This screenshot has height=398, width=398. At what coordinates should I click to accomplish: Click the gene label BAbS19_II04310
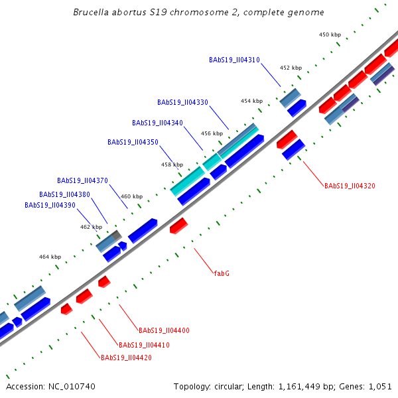tap(234, 60)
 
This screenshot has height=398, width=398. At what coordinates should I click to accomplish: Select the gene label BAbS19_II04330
tap(183, 102)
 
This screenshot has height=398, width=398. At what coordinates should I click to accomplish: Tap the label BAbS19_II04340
tap(158, 123)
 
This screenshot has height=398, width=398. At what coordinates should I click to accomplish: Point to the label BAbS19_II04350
tap(133, 142)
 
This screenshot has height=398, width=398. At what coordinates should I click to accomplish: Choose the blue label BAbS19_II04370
tap(82, 180)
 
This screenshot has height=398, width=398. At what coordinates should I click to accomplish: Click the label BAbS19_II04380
tap(64, 194)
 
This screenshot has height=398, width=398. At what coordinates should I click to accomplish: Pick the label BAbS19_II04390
tap(50, 206)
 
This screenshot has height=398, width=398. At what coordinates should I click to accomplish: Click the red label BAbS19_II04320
tap(350, 186)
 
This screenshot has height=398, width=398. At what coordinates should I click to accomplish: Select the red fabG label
tap(222, 273)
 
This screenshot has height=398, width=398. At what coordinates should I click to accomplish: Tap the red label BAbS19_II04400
tap(164, 330)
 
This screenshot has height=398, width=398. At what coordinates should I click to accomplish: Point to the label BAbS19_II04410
tap(145, 345)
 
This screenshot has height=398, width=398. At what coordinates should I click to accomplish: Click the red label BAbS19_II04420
tap(126, 358)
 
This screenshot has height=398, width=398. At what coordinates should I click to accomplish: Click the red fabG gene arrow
tap(178, 226)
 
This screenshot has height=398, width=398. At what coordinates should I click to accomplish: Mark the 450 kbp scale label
tap(330, 34)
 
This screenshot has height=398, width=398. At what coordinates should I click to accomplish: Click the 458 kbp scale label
tap(172, 165)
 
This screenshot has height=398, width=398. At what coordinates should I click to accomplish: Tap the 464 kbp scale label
tap(50, 257)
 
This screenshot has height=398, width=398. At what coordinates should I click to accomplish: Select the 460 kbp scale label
tap(131, 196)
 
